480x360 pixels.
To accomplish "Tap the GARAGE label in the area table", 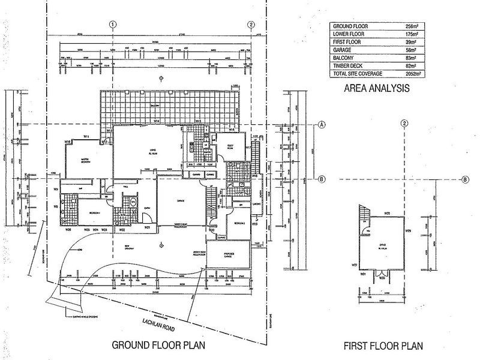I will tap(344, 50).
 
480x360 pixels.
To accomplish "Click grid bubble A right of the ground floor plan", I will tap(322, 125).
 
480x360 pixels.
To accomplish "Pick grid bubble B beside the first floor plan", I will tap(465, 179).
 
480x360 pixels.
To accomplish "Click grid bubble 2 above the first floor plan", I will tap(405, 124).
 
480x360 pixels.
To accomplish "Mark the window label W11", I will tap(86, 137).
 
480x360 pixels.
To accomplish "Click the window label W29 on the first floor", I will tap(407, 231).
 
